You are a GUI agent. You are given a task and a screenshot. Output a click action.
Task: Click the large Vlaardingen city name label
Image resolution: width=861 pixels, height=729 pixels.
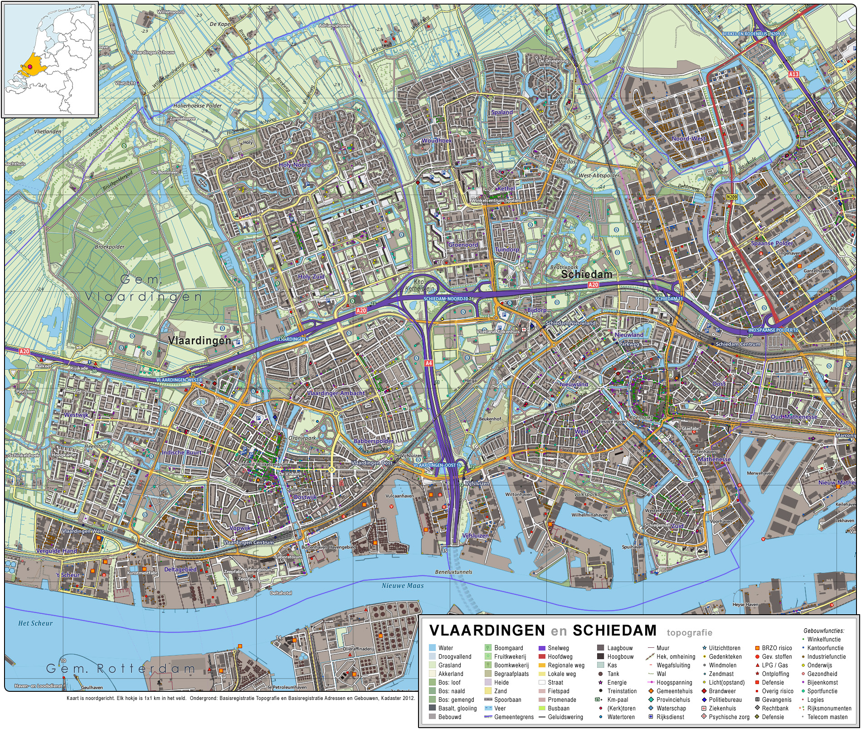pos(199,340)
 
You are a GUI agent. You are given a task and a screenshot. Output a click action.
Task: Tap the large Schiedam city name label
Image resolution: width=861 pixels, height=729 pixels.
pos(587,274)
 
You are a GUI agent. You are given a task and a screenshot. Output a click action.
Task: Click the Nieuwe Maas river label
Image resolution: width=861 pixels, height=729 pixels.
pos(403,586)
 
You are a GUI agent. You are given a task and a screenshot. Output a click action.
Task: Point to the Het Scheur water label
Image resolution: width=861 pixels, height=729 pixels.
pos(35,623)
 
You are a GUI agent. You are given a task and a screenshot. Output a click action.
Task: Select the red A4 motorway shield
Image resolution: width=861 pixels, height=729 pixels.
pos(428,363)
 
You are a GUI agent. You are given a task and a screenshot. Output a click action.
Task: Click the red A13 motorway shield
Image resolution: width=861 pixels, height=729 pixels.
pos(793,74)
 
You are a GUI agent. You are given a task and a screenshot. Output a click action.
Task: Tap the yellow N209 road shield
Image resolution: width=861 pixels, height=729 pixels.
pos(731,197)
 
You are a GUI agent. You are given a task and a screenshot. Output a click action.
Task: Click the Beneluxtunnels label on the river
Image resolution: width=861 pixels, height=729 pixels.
pos(453,572)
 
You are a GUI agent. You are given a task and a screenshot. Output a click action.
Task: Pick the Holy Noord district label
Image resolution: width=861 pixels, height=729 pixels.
pos(295,165)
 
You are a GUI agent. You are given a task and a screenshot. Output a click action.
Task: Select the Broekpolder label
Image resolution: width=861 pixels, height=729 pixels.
pos(110,247)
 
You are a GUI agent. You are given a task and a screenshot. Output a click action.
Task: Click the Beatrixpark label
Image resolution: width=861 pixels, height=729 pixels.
pos(564,268)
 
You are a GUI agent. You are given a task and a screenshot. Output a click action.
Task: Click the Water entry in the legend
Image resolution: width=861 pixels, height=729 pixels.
pos(445,648)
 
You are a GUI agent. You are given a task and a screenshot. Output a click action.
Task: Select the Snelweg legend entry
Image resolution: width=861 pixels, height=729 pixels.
pos(558,648)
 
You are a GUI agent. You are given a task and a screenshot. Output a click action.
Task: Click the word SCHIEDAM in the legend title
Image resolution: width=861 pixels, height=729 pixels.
pos(614,631)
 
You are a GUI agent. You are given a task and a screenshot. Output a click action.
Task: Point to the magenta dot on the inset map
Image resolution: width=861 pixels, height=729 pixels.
pos(30,66)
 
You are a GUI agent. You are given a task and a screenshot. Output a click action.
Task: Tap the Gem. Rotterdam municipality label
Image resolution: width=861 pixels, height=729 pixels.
pos(121,668)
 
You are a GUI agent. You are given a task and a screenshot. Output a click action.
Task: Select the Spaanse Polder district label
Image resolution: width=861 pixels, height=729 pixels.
pos(772,243)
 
